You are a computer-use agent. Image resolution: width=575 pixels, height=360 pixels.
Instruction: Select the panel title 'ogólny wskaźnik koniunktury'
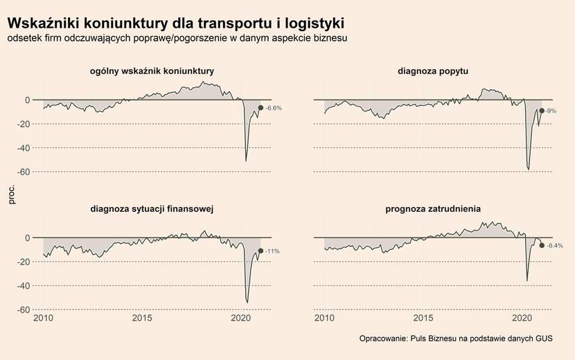(x=152, y=71)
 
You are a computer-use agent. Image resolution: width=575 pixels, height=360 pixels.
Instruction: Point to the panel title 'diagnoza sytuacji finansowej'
(x=152, y=208)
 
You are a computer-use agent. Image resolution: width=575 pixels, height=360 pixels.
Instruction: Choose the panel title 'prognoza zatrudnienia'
(x=433, y=208)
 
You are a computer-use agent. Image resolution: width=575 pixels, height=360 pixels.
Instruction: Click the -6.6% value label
(x=274, y=108)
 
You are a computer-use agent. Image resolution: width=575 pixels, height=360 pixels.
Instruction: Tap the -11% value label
(x=272, y=251)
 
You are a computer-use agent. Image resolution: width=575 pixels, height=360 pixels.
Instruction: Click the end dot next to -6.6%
(x=260, y=107)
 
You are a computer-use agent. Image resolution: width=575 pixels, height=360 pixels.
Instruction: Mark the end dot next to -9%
(x=541, y=111)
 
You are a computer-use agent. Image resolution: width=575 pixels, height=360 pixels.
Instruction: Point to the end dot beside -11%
(x=260, y=251)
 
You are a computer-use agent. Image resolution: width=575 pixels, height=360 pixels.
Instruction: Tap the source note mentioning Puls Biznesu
(x=457, y=339)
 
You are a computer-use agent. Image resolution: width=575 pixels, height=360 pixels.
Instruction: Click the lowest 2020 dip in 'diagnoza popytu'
(x=529, y=170)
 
